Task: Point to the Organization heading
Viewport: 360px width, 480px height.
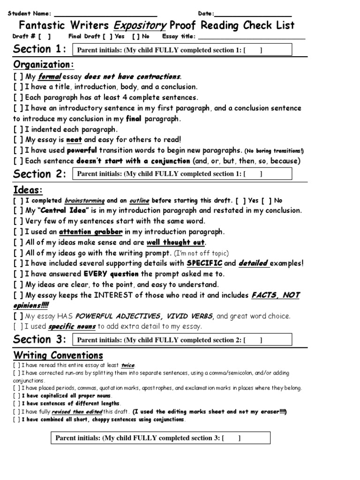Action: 44,65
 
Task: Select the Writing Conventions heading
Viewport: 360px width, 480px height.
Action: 58,355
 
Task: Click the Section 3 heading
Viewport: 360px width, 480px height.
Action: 39,339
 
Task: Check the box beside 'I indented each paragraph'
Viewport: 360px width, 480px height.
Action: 18,129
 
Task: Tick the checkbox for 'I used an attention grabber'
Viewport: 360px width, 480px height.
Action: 18,232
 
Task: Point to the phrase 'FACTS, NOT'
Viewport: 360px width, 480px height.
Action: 275,295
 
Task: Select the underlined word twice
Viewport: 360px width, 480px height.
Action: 127,365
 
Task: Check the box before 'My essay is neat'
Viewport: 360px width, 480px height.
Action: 18,140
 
